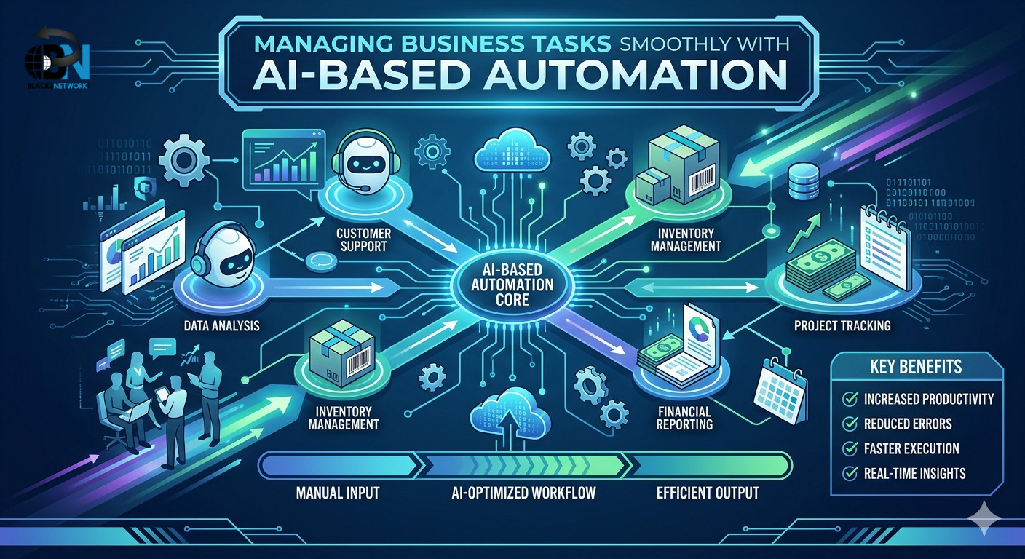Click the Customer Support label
coord(364,241)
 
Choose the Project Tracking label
coord(842,325)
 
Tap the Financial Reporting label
coord(674,417)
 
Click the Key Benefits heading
coord(915,366)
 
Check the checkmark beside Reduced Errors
coord(848,424)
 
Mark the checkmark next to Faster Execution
coord(848,448)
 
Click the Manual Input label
coord(337,493)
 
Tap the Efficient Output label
coord(707,493)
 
